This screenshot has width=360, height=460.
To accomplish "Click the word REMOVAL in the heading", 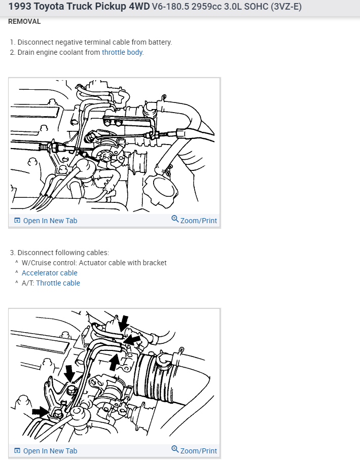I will pyautogui.click(x=24, y=22).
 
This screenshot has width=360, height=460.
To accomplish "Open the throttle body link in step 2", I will pyautogui.click(x=122, y=52).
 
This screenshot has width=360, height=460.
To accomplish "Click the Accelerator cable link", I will pyautogui.click(x=49, y=273).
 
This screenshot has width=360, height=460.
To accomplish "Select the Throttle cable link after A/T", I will pyautogui.click(x=58, y=283).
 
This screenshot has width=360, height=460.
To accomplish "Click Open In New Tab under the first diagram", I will pyautogui.click(x=50, y=221).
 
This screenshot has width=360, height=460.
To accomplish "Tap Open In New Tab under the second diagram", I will pyautogui.click(x=50, y=451).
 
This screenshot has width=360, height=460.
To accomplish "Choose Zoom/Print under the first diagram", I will pyautogui.click(x=198, y=221).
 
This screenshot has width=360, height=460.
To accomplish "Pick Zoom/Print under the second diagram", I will pyautogui.click(x=198, y=451).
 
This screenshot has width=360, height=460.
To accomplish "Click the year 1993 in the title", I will pyautogui.click(x=21, y=8).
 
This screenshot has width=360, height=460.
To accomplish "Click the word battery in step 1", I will pyautogui.click(x=160, y=42).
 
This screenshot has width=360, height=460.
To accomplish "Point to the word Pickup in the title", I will pyautogui.click(x=104, y=8).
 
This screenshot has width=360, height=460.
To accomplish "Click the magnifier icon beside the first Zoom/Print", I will pyautogui.click(x=175, y=220).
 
